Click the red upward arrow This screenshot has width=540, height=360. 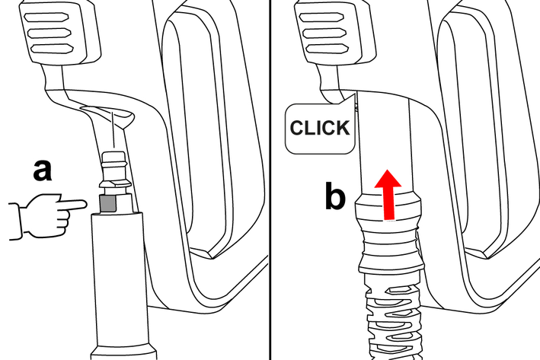[388, 194]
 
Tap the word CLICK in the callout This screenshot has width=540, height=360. [320, 128]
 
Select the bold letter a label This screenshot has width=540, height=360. [43, 170]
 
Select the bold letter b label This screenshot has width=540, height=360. [335, 198]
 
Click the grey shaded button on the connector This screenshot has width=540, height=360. [108, 203]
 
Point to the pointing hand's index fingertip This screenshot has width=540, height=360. [84, 204]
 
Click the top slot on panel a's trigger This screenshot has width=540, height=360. [46, 18]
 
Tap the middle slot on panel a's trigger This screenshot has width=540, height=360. [49, 33]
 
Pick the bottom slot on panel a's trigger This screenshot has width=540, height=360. [52, 49]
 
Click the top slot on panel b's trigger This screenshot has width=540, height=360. [321, 18]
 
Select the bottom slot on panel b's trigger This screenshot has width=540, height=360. [327, 49]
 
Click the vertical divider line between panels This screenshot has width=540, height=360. [270, 180]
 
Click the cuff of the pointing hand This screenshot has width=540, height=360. [14, 221]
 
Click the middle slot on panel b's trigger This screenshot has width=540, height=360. [324, 33]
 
